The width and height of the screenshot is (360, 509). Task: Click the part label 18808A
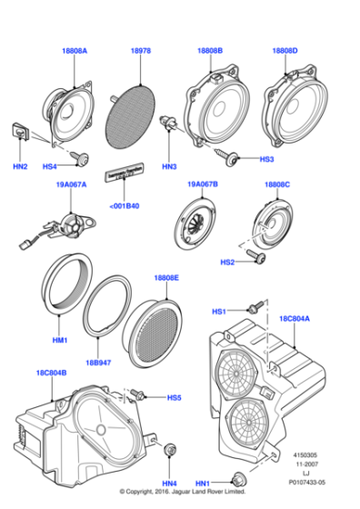coord(75,52)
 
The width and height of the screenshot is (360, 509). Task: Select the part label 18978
coord(140,52)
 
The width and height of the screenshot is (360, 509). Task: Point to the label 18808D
coord(285,52)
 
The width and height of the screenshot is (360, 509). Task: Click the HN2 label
coord(19,166)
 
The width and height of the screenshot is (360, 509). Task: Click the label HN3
coord(169,166)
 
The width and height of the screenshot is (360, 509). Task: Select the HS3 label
coord(266,159)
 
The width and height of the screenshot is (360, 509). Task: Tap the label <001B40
coord(125,205)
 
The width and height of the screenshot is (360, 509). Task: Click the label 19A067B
coord(203,185)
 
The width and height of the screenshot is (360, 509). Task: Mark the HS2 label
coord(228,262)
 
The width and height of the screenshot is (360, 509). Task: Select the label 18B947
coord(97,360)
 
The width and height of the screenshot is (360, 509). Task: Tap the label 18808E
coord(166,277)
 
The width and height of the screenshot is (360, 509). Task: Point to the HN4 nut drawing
coord(169,451)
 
